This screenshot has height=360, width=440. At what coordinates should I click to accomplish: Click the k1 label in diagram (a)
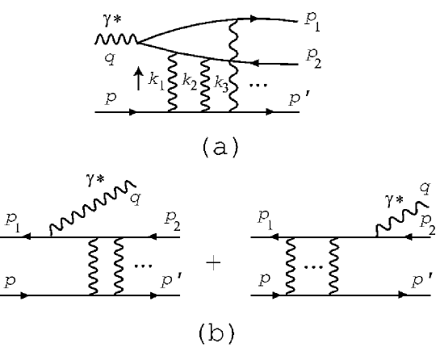pyautogui.click(x=154, y=82)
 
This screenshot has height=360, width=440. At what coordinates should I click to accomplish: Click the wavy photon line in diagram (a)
pyautogui.click(x=115, y=40)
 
